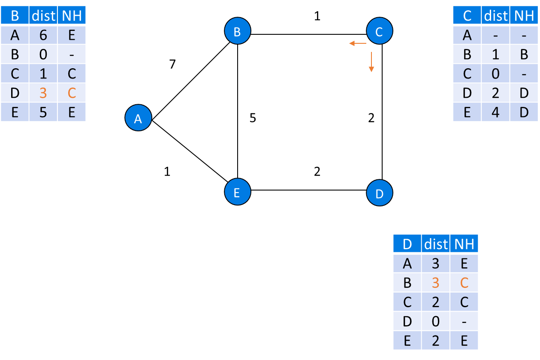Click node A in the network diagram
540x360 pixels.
[138, 118]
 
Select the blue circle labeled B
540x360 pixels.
[237, 31]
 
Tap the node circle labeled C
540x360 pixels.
[379, 31]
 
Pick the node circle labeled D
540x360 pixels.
[380, 194]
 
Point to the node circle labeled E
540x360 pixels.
[237, 192]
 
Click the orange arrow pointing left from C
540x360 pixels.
[357, 43]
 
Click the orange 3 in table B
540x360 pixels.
[43, 93]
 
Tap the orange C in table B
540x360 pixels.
[72, 93]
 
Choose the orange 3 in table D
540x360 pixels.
[436, 283]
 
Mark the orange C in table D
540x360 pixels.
[464, 283]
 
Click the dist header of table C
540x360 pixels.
[495, 16]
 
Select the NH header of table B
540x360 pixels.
[72, 16]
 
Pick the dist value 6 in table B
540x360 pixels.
[43, 35]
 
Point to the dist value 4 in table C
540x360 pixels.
[495, 112]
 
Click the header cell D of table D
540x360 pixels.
[407, 244]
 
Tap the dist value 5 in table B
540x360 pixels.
[43, 112]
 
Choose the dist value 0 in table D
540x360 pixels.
[436, 321]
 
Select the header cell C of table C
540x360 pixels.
[467, 16]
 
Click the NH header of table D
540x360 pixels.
[464, 244]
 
